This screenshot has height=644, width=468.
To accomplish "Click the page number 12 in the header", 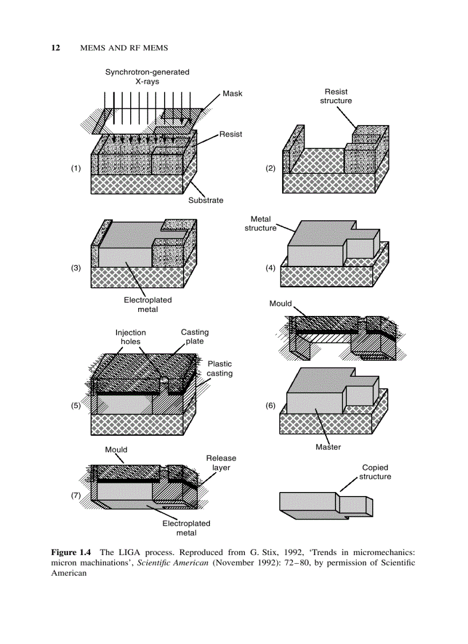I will click(56, 48).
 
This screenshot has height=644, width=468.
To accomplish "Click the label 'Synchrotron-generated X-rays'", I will click(147, 77).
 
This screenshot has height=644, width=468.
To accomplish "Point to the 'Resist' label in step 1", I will click(230, 134).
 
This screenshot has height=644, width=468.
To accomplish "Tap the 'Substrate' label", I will click(206, 201).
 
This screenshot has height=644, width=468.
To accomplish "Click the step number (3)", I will click(76, 268).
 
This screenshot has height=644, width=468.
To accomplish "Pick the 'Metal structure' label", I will click(260, 224).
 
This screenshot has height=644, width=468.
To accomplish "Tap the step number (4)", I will click(270, 268).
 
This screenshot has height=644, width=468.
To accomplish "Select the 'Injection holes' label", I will click(131, 337).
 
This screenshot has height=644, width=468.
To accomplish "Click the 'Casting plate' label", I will click(194, 337).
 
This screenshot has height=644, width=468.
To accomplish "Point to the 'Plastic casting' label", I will click(220, 368).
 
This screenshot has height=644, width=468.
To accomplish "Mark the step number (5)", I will click(76, 405).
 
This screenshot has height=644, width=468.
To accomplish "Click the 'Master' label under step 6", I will click(328, 447).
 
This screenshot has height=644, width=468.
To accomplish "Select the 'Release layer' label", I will click(221, 463).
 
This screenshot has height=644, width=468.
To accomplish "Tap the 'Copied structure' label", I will click(375, 472).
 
